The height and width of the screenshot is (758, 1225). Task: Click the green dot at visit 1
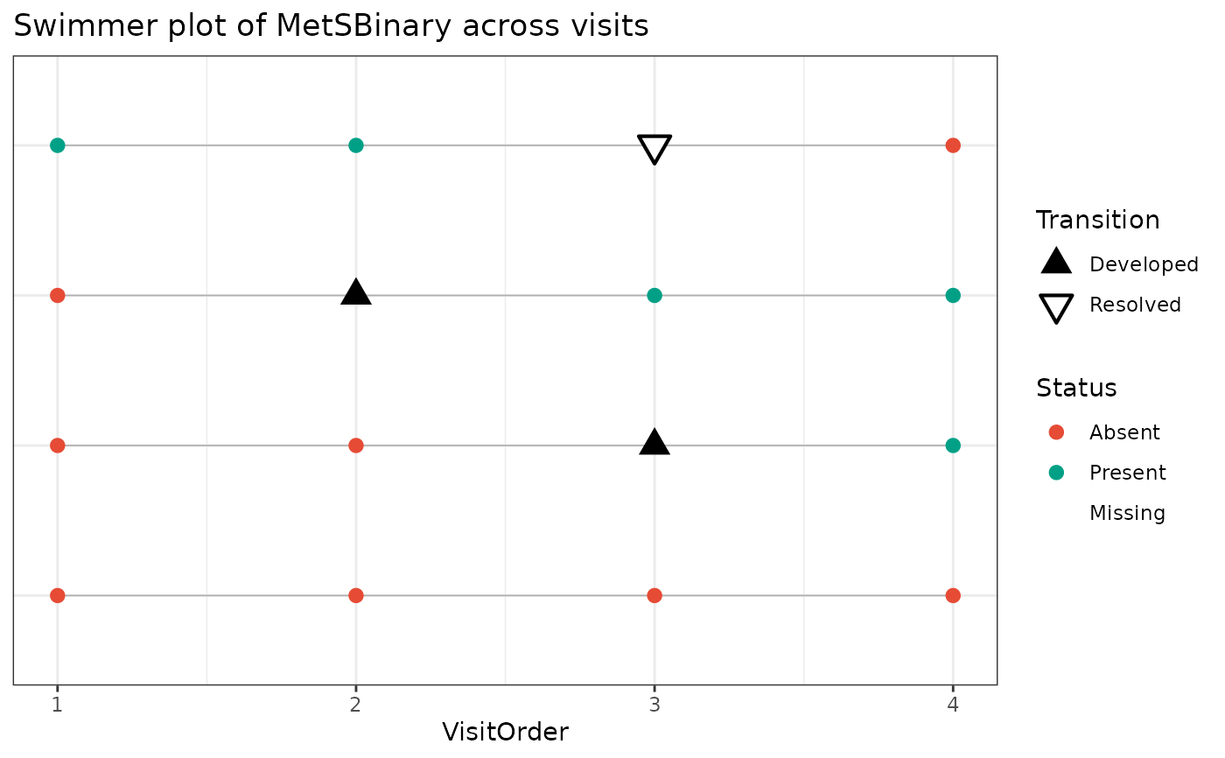(58, 145)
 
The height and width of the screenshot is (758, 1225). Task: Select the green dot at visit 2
(356, 145)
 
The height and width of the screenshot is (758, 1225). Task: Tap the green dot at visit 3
(654, 296)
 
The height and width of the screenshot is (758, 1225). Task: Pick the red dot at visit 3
(654, 596)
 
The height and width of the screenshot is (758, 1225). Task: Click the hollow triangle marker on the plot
(654, 149)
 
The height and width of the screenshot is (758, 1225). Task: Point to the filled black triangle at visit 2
(356, 292)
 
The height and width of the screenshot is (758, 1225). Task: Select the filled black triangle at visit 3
(654, 443)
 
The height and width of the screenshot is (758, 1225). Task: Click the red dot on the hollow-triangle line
(953, 145)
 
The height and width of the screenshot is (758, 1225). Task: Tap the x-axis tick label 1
(58, 703)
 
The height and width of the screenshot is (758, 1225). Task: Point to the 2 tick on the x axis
(356, 703)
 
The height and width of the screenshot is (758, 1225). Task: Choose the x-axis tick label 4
(953, 703)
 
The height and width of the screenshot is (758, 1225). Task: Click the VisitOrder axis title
(505, 732)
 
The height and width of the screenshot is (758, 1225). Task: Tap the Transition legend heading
(1097, 220)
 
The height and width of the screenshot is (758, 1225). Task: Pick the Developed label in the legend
(1143, 264)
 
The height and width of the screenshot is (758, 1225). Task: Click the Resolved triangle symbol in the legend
(1056, 308)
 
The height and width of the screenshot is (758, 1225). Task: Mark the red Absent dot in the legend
(1056, 432)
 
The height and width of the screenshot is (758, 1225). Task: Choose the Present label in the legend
(1127, 473)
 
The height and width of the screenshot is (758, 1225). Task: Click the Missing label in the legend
(1127, 513)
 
